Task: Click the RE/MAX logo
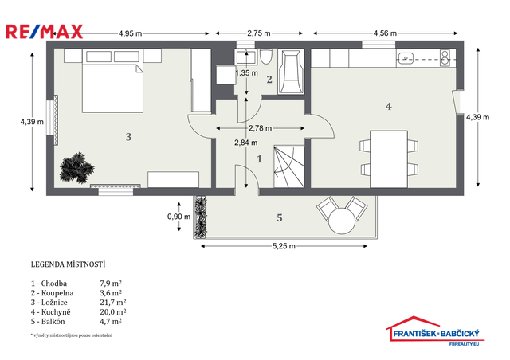(x=45, y=32)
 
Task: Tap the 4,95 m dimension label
(x=130, y=33)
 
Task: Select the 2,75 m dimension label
(x=259, y=33)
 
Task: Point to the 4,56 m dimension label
(x=385, y=33)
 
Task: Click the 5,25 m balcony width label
(x=284, y=246)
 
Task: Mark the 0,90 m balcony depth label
(x=178, y=217)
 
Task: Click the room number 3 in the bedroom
(x=128, y=137)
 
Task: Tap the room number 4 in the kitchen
(x=389, y=107)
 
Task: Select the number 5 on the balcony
(x=280, y=218)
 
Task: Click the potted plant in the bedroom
(x=76, y=168)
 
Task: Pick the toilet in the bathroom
(x=265, y=57)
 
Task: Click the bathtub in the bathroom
(x=291, y=72)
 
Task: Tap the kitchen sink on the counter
(x=406, y=58)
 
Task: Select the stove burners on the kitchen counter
(x=445, y=58)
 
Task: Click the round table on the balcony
(x=342, y=221)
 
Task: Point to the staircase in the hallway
(x=289, y=166)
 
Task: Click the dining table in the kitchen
(x=389, y=159)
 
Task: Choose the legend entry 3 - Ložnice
(x=49, y=303)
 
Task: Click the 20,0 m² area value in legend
(x=113, y=312)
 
